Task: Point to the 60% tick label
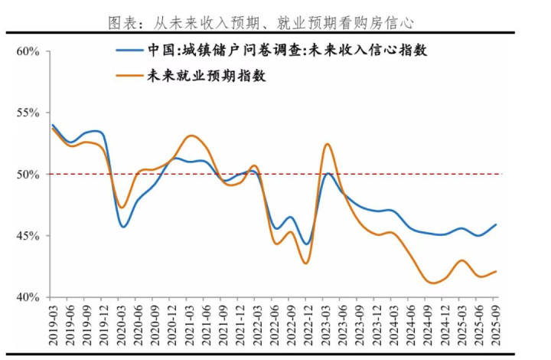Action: coord(28,52)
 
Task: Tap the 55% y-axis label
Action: coord(28,113)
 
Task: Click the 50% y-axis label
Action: coord(28,175)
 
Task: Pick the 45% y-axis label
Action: coord(28,236)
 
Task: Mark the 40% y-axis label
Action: coord(28,297)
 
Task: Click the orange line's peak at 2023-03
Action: coord(328,144)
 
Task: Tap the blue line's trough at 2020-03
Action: coord(122,227)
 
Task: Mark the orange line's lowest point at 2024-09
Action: coord(432,283)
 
